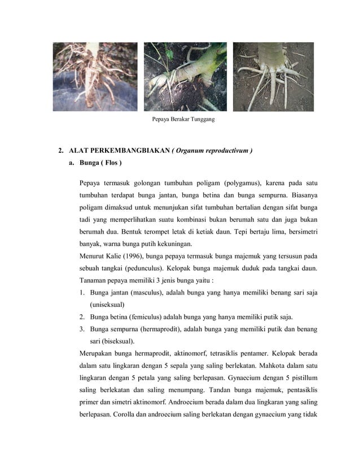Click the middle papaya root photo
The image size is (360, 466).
[x=185, y=76]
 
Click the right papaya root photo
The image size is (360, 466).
[x=273, y=76]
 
